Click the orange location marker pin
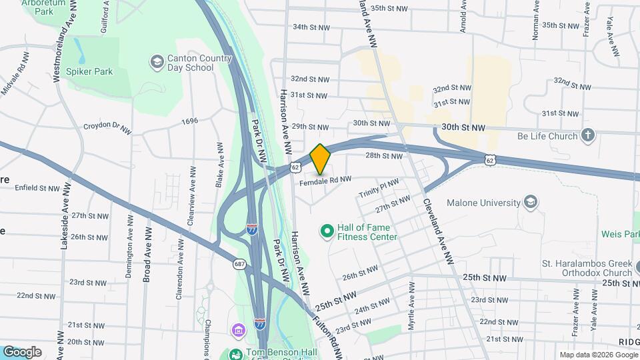[x=321, y=159]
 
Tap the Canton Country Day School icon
[x=157, y=63]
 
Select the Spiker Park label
[x=89, y=71]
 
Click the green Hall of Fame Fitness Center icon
[x=327, y=231]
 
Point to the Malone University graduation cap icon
[x=531, y=203]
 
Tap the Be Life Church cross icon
[x=587, y=136]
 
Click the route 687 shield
[x=239, y=265]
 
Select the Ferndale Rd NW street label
[x=325, y=181]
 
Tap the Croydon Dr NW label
[x=105, y=126]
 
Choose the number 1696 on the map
[x=189, y=121]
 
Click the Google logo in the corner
[x=22, y=352]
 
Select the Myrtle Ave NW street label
[x=411, y=313]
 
